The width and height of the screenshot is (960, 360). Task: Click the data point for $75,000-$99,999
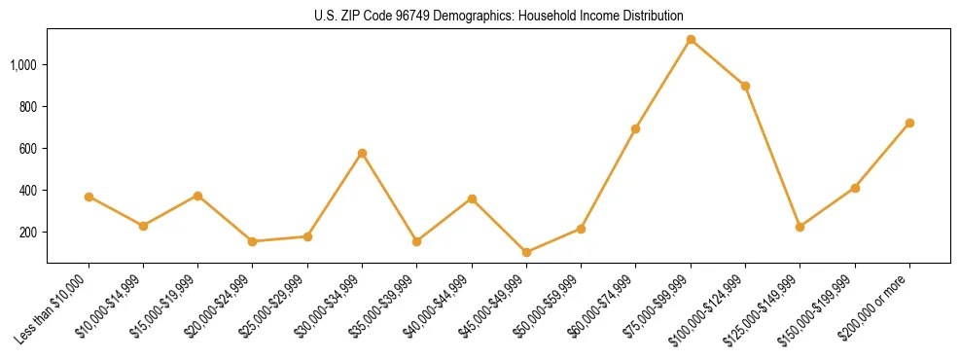[691, 40]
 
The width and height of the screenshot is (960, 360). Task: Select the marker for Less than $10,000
[89, 197]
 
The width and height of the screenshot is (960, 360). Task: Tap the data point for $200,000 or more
[909, 124]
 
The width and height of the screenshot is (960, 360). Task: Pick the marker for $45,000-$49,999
[526, 253]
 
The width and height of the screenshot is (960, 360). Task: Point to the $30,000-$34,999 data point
[362, 153]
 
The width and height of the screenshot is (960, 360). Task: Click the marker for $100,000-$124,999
[745, 86]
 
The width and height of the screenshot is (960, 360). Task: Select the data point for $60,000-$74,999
[635, 128]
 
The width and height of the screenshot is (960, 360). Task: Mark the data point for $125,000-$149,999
[800, 227]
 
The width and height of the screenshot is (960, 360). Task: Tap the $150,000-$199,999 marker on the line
[855, 188]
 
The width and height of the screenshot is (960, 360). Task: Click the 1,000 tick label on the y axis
[24, 65]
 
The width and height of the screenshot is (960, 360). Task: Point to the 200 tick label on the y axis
[29, 233]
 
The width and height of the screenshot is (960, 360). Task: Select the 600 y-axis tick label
[29, 149]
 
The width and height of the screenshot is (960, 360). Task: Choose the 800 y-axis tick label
[29, 107]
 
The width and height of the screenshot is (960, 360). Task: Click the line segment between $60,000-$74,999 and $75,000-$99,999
[663, 84]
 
